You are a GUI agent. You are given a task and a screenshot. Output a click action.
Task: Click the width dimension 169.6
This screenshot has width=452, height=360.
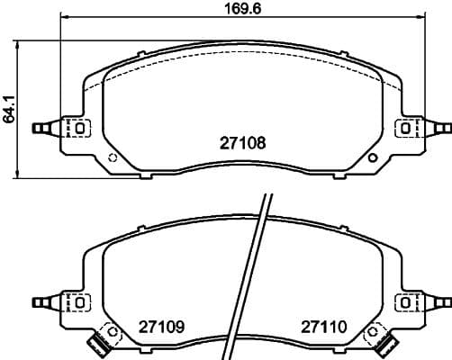point(243,9)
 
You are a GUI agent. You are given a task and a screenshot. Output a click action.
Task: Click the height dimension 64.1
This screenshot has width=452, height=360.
point(9,110)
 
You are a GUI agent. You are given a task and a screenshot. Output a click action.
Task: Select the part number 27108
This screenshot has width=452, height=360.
point(243,143)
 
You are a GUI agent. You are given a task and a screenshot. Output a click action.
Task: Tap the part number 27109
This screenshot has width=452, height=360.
point(161,327)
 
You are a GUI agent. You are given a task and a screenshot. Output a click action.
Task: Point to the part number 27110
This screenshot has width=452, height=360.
point(324,327)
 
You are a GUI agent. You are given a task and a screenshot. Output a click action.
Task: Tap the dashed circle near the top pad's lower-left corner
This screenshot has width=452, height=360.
point(113,157)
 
